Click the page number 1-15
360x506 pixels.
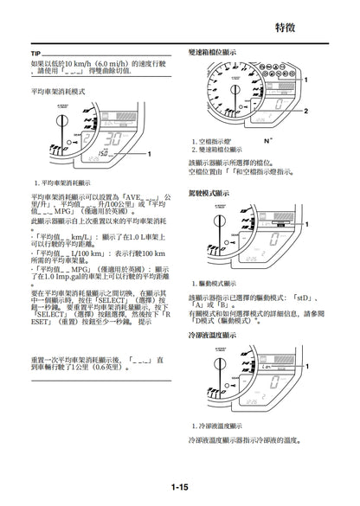click(179, 488)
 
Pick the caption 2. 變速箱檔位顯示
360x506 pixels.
click(223, 150)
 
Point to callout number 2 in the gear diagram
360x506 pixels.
click(305, 112)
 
